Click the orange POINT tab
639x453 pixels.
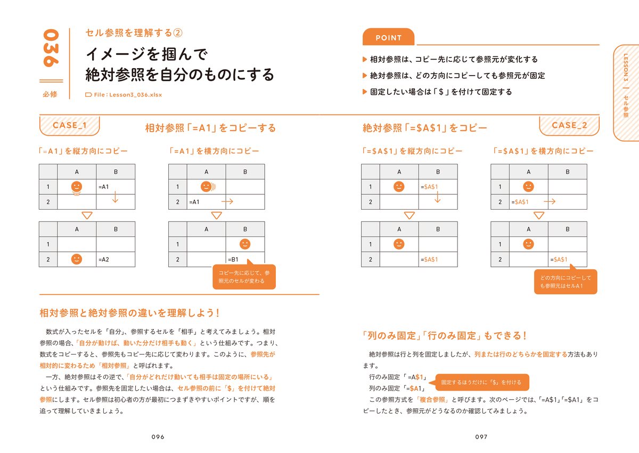pyautogui.click(x=388, y=37)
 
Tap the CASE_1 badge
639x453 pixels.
pyautogui.click(x=70, y=126)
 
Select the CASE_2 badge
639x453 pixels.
pyautogui.click(x=569, y=126)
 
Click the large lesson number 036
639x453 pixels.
pyautogui.click(x=51, y=48)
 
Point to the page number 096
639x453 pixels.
pyautogui.click(x=158, y=436)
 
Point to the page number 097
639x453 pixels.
pyautogui.click(x=481, y=436)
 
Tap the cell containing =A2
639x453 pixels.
pyautogui.click(x=116, y=259)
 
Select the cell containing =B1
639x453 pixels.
pyautogui.click(x=245, y=259)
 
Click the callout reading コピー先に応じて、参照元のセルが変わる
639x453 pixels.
pyautogui.click(x=244, y=276)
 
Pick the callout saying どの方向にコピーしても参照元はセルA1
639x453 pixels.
pyautogui.click(x=566, y=282)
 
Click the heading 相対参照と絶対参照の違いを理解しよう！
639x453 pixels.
pyautogui.click(x=129, y=313)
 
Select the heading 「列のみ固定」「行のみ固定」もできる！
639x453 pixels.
pyautogui.click(x=444, y=335)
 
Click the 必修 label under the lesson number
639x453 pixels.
pyautogui.click(x=50, y=94)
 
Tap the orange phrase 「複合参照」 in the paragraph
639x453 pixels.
pyautogui.click(x=432, y=400)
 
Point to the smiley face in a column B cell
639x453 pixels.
pyautogui.click(x=245, y=244)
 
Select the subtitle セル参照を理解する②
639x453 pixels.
pyautogui.click(x=134, y=33)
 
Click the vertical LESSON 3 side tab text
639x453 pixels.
pyautogui.click(x=626, y=67)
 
